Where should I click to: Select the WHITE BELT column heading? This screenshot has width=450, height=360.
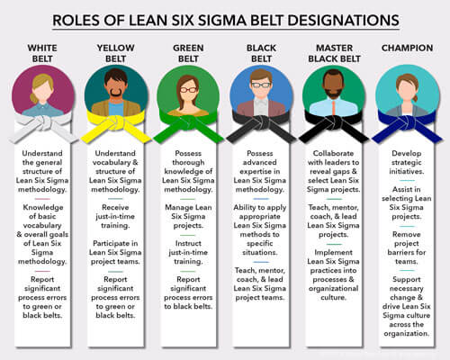pyautogui.click(x=42, y=53)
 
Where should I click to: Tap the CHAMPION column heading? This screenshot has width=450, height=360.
pyautogui.click(x=407, y=48)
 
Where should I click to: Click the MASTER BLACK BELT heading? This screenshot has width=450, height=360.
pyautogui.click(x=334, y=53)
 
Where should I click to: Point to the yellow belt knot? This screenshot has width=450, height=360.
pyautogui.click(x=115, y=122)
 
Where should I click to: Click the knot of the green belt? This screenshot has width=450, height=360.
pyautogui.click(x=188, y=122)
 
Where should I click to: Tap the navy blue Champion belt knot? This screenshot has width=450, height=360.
pyautogui.click(x=407, y=122)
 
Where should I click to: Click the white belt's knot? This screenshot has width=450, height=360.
pyautogui.click(x=42, y=122)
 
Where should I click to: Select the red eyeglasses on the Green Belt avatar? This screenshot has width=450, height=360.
pyautogui.click(x=188, y=89)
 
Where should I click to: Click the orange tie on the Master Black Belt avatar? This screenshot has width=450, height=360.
pyautogui.click(x=334, y=109)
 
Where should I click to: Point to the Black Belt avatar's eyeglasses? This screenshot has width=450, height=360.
pyautogui.click(x=261, y=85)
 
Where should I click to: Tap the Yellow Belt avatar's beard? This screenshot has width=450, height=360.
pyautogui.click(x=115, y=92)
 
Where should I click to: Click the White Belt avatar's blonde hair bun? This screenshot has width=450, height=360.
pyautogui.click(x=33, y=98)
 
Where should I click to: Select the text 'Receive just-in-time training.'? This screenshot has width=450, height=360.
pyautogui.click(x=115, y=216)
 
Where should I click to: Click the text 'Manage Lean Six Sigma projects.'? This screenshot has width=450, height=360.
pyautogui.click(x=188, y=216)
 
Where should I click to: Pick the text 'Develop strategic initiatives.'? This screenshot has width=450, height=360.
pyautogui.click(x=407, y=162)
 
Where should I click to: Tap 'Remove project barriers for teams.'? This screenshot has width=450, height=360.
pyautogui.click(x=407, y=247)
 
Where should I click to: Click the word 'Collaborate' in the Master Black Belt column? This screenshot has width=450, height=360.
pyautogui.click(x=333, y=153)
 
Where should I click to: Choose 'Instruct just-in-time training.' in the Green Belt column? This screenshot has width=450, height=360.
pyautogui.click(x=188, y=252)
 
